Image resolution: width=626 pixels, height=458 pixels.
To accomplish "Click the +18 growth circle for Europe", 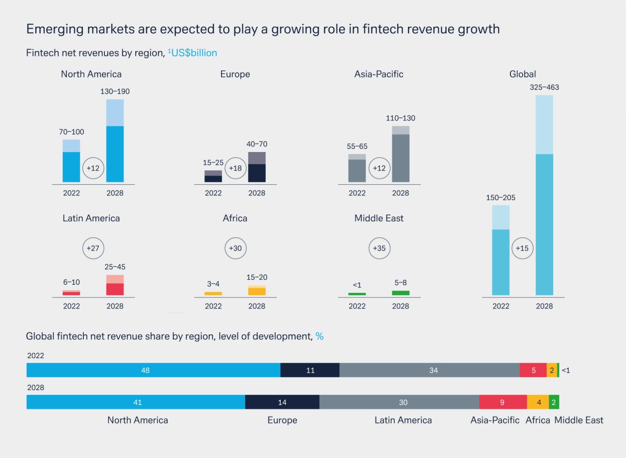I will coord(235,168).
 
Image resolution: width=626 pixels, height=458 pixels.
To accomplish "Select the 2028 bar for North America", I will coord(115,141).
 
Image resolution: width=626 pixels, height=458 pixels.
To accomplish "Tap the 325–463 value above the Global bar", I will coord(544,87).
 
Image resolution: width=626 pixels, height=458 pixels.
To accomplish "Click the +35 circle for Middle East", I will coord(379,248).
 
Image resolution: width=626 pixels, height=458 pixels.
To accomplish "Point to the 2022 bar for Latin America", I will coord(71,293).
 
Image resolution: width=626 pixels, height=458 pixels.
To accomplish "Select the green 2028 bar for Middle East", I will coord(401,293).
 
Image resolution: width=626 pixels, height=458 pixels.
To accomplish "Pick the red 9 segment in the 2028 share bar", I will coord(503,402).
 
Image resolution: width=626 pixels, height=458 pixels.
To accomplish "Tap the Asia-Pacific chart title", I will coord(378,74).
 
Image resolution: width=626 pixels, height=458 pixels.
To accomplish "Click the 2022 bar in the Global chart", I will coord(501,250).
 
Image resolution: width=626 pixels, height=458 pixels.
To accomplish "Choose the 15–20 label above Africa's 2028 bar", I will coord(257,277).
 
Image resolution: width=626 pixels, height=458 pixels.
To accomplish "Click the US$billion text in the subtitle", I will coord(194,53).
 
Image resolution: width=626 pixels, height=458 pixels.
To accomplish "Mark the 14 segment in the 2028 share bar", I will coord(282,402).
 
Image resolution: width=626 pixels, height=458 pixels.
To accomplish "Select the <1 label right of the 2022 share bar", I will coord(566,370).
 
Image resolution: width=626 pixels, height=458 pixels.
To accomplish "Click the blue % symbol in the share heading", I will coord(319,336).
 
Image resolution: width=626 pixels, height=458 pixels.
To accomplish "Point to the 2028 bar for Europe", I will coord(257,167).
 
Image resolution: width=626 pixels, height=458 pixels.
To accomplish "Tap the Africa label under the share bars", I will coord(538,420).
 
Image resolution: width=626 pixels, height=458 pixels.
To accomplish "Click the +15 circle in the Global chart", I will coord(522,248).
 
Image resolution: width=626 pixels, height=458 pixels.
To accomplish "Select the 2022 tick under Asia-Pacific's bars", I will coord(357,193).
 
